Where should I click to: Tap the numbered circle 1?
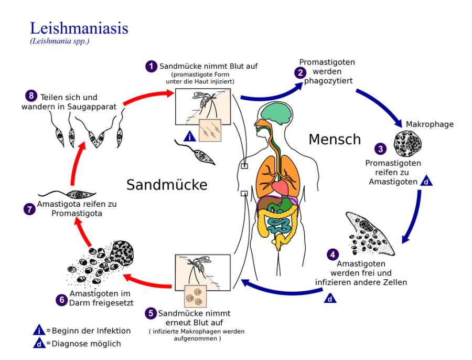coord(152,66)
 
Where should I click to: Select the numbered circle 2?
coord(301,73)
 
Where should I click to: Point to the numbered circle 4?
coord(332,255)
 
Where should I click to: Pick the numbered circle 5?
coord(151,313)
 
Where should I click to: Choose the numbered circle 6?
coord(62,300)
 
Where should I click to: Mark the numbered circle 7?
coord(29,209)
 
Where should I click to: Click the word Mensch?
coord(335,139)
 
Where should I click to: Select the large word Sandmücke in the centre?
coord(167,185)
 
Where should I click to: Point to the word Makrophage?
coord(430,124)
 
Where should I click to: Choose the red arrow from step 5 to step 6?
coord(149,282)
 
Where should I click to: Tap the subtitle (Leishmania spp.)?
coord(60,41)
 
